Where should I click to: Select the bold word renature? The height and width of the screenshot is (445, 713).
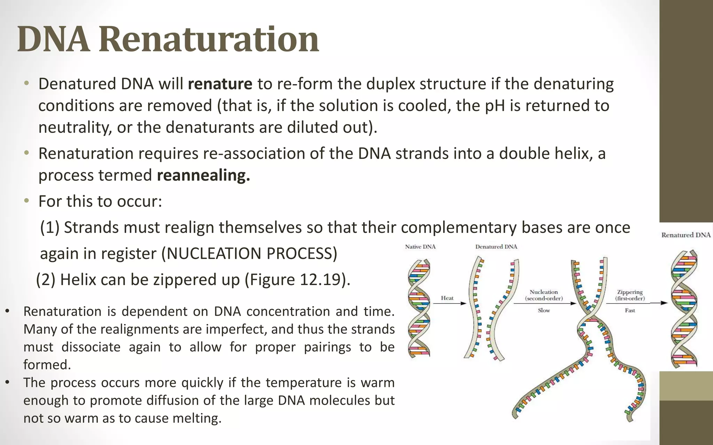(x=220, y=84)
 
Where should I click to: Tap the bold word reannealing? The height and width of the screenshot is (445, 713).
(x=203, y=175)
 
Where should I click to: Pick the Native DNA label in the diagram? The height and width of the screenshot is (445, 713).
(x=420, y=247)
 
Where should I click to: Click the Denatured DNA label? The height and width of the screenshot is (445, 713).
(x=496, y=247)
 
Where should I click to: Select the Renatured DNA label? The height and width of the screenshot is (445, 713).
(x=686, y=235)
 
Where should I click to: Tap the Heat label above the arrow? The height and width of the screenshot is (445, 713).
(x=447, y=298)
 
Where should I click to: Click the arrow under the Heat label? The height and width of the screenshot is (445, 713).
(x=449, y=304)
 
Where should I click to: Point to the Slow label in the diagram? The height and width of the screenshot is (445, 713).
(x=544, y=310)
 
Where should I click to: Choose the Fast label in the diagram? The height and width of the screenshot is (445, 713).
(x=630, y=310)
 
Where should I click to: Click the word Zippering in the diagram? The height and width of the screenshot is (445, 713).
(x=630, y=292)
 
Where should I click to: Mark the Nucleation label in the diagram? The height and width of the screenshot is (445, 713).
(x=544, y=292)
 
